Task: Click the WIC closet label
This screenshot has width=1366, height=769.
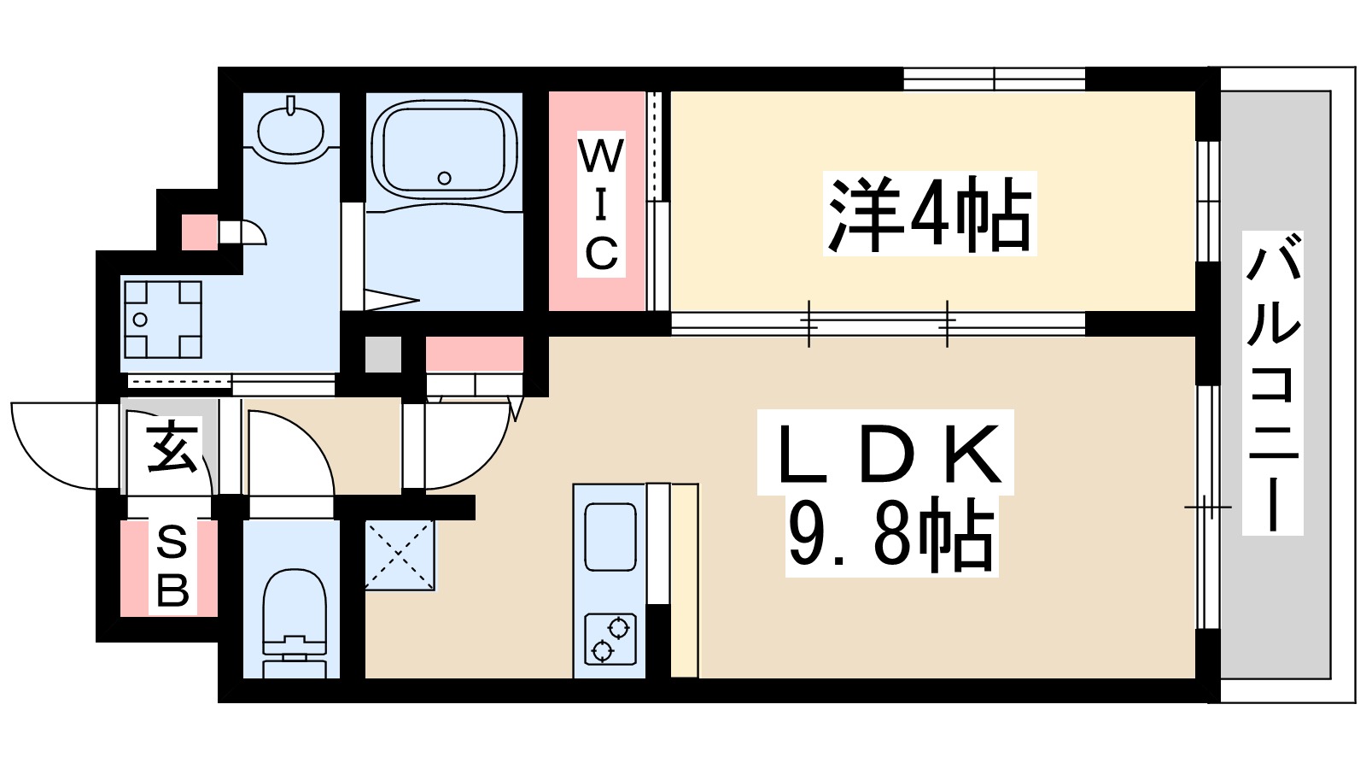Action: point(601,205)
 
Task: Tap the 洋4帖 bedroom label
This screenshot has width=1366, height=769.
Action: point(929,214)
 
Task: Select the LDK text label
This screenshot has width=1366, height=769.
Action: point(886,453)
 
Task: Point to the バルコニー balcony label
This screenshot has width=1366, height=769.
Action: point(1272,383)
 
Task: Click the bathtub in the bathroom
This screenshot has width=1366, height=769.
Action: point(444,150)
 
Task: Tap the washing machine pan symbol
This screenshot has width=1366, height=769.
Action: point(163,319)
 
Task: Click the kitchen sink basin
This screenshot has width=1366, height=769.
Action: point(610,537)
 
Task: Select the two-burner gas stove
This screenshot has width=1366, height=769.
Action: point(610,639)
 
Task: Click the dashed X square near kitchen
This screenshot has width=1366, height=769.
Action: point(400,555)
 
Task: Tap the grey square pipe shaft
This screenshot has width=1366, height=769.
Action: point(382,355)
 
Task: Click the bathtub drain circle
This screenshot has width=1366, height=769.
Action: point(444,179)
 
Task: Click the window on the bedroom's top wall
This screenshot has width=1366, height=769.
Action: point(994,79)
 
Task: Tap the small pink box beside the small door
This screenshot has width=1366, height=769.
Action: point(199,232)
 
